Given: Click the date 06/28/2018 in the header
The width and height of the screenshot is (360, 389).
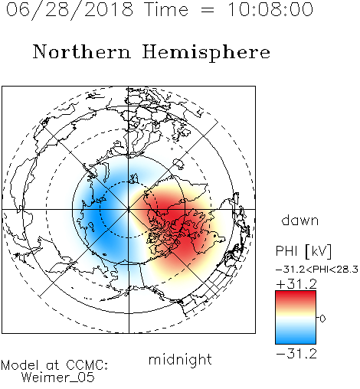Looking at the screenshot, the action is click(70, 10).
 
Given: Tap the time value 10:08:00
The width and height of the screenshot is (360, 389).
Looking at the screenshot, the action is click(270, 10).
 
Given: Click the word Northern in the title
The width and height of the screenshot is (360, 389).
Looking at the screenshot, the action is click(82, 51).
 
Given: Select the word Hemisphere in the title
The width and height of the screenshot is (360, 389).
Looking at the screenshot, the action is click(206, 52).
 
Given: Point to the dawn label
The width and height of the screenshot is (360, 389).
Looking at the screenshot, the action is click(300, 221).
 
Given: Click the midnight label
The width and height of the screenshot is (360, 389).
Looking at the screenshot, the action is click(180, 359).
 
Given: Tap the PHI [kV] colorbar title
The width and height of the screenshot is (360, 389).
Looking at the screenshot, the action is click(303, 251).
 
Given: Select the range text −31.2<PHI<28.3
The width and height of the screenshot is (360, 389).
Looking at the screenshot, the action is click(317, 270).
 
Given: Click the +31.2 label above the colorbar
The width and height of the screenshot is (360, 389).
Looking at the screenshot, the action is click(296, 284).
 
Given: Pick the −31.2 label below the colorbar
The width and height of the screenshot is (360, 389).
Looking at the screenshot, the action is click(296, 354).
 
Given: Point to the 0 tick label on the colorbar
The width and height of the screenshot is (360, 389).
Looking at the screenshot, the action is click(322, 319).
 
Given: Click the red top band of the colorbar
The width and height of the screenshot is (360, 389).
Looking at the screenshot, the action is click(296, 297).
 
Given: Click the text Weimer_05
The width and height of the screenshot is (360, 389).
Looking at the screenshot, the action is click(58, 377).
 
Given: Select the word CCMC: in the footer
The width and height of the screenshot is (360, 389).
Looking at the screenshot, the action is click(87, 365).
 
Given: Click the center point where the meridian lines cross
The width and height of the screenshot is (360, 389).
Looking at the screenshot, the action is click(129, 209).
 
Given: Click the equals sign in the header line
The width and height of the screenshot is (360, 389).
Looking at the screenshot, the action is click(208, 10).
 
